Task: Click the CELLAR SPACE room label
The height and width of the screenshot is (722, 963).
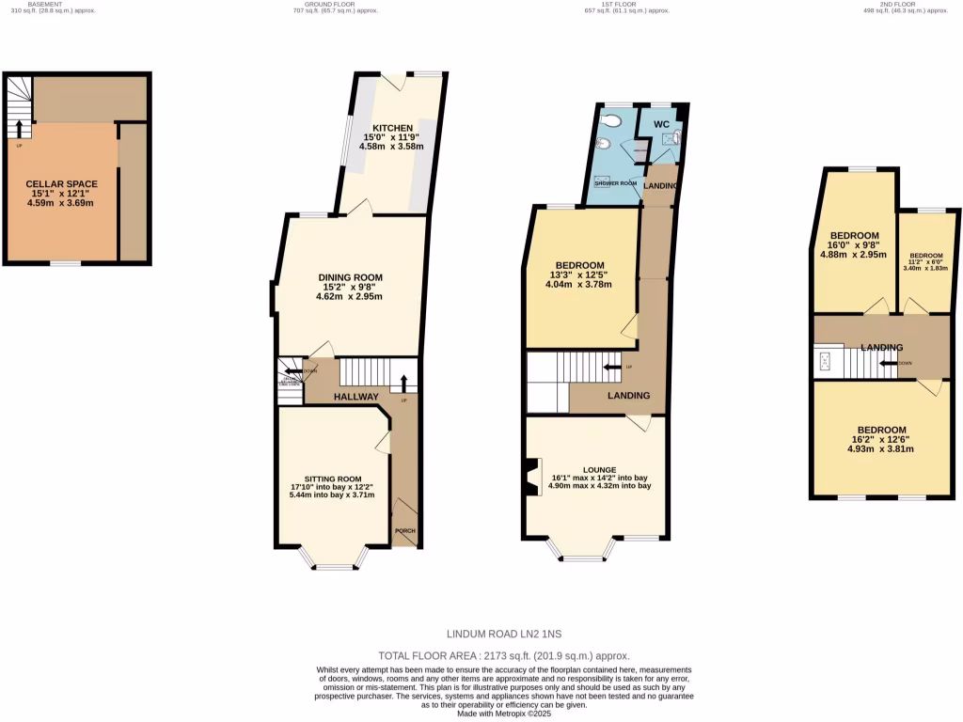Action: (x=61, y=183)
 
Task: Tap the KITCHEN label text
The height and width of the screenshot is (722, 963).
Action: (x=391, y=128)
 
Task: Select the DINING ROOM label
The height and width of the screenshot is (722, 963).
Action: (x=349, y=276)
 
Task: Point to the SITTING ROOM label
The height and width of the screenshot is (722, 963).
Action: (x=333, y=477)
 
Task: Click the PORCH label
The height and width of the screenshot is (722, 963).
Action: (x=405, y=530)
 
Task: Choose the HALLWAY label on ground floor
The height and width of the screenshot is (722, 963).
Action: (x=356, y=398)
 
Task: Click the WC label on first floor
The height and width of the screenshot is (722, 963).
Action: (x=661, y=124)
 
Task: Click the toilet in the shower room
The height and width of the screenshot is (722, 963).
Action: (x=612, y=120)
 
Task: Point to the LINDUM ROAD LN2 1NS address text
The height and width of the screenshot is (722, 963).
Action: (x=504, y=635)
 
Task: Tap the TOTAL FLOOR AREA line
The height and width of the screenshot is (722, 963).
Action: (x=504, y=655)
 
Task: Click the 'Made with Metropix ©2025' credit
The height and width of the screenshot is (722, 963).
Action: (x=504, y=714)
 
